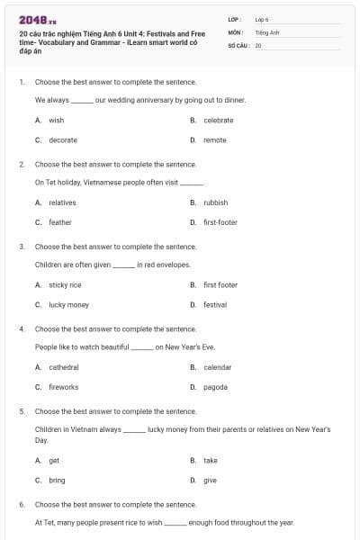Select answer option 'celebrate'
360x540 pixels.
pos(218,120)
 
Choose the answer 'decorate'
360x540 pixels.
pos(62,139)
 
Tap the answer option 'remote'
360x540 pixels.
pos(214,139)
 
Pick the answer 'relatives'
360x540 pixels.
pos(62,202)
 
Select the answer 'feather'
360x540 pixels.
pos(59,222)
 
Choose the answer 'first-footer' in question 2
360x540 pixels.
pos(220,222)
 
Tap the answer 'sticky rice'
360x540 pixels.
pos(65,285)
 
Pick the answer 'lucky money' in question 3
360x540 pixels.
pos(68,305)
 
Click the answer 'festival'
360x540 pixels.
pos(215,305)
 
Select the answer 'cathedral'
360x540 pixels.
pos(63,367)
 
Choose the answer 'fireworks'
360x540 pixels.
pos(63,387)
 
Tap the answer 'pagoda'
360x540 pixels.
pos(215,387)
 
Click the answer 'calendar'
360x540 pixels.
pos(217,367)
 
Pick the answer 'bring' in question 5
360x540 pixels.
pos(57,481)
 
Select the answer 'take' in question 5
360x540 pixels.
pos(210,461)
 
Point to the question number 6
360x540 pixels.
pos(22,505)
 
